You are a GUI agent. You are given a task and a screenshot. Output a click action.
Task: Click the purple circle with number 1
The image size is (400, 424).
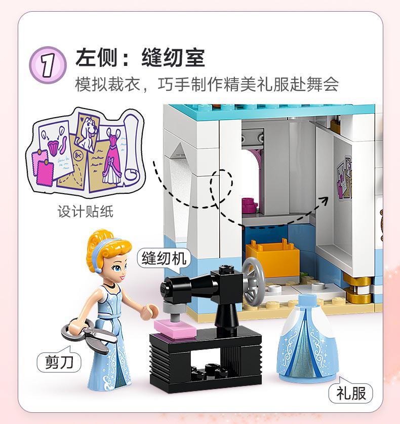click(x=48, y=65)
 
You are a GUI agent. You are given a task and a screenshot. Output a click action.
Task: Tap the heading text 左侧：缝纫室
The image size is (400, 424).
click(x=140, y=57)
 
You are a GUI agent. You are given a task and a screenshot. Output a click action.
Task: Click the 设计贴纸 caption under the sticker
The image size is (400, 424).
click(x=85, y=211)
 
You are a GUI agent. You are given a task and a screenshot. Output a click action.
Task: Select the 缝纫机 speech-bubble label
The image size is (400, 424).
click(x=164, y=258)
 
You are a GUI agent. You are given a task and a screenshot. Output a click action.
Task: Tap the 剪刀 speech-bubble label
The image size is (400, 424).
click(x=59, y=362)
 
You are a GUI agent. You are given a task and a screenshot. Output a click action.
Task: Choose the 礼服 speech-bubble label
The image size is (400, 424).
click(x=350, y=393)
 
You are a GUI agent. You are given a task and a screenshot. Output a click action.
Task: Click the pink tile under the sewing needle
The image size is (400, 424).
click(x=175, y=328)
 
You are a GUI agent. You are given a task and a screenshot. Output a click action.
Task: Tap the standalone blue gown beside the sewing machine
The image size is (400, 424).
click(x=307, y=338)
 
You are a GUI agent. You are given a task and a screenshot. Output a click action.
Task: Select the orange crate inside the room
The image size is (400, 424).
click(x=272, y=258)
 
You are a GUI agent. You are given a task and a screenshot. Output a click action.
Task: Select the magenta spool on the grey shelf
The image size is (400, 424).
click(x=249, y=204)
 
